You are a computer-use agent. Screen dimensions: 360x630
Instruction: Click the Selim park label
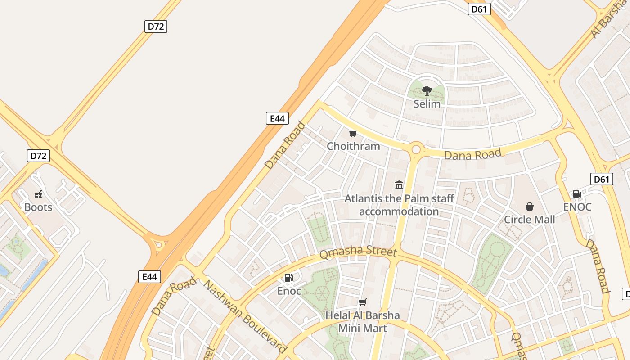click(427, 103)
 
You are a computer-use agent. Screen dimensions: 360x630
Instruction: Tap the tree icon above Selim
click(427, 91)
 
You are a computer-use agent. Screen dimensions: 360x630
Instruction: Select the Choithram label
click(353, 146)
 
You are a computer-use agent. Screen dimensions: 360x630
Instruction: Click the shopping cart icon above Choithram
click(353, 133)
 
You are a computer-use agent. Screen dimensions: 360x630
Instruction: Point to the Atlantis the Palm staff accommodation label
click(399, 205)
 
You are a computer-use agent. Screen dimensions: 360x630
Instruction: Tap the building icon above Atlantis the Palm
click(399, 185)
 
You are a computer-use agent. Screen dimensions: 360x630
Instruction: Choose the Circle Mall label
click(529, 220)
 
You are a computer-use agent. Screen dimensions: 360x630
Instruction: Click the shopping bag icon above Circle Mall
click(530, 207)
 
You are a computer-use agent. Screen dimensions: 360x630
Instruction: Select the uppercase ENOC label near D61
click(577, 207)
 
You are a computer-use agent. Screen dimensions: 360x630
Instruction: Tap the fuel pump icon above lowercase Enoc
click(289, 278)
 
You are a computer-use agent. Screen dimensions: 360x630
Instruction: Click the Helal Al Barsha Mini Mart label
click(363, 321)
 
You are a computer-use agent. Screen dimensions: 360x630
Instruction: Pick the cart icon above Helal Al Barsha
click(363, 302)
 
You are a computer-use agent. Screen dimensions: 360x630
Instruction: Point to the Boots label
click(38, 207)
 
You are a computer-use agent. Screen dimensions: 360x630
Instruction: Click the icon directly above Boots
click(38, 194)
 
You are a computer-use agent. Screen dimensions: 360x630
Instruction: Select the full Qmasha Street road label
click(358, 252)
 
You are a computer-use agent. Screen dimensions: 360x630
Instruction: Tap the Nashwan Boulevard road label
click(245, 316)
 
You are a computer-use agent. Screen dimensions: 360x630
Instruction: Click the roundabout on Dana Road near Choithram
click(416, 149)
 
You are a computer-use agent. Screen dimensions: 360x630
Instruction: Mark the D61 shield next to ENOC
click(602, 180)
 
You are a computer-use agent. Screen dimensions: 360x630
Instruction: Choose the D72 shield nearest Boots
click(38, 156)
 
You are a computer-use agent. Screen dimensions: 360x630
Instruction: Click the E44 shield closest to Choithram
click(277, 118)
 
